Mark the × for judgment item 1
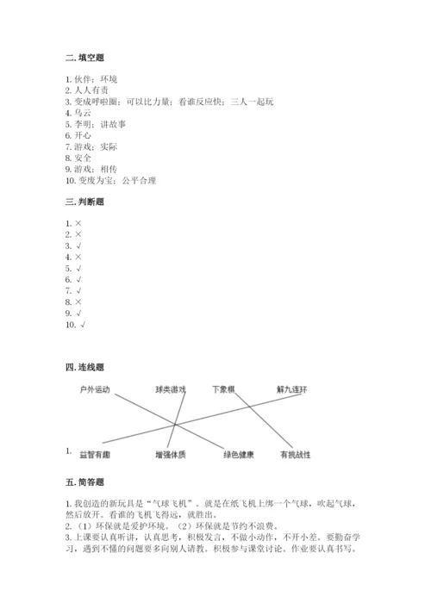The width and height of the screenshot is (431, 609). pos(78,223)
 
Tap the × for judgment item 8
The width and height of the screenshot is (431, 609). pos(78,302)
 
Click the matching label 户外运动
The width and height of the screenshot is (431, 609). pos(94,389)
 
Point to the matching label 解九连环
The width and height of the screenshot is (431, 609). pos(292,389)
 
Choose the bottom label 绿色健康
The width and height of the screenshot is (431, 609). pos(238,454)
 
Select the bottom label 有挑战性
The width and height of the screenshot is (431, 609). pos(295,454)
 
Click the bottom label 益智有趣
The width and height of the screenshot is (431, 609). pos(96,454)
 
